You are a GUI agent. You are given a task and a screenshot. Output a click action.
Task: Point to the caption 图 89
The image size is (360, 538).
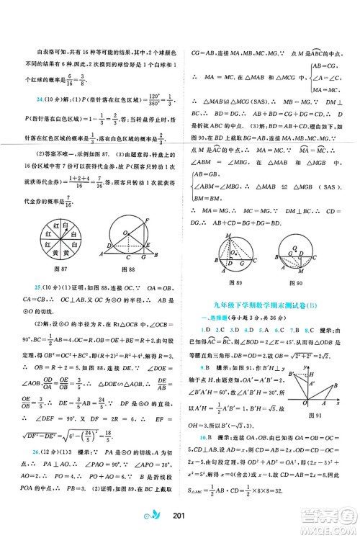point(225,274)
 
